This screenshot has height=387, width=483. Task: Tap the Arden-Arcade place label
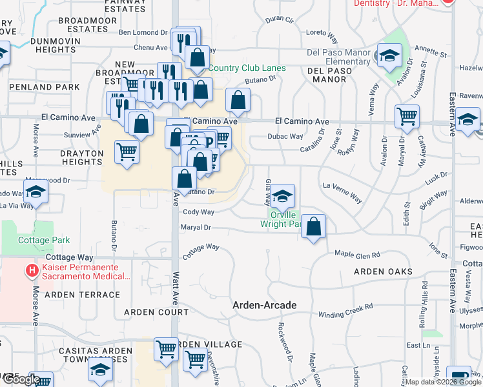(x=265, y=304)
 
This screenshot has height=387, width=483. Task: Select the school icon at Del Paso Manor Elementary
(x=390, y=55)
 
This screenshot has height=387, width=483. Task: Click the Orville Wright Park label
(x=282, y=219)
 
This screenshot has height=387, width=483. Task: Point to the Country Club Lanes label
(x=247, y=68)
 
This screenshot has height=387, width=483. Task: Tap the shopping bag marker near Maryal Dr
(x=313, y=226)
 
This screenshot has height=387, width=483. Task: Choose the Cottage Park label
(x=43, y=241)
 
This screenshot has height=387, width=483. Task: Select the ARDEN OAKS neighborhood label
(x=383, y=272)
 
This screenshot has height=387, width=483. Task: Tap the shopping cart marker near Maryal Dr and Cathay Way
(x=407, y=117)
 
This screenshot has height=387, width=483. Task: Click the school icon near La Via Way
(x=36, y=192)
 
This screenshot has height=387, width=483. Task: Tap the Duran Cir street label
(x=280, y=20)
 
